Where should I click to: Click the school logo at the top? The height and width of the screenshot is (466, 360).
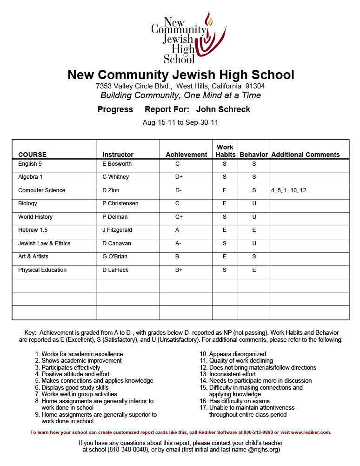pyautogui.click(x=188, y=38)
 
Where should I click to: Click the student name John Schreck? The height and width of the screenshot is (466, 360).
pyautogui.click(x=223, y=109)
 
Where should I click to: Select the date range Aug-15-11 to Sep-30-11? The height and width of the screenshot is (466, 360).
pyautogui.click(x=180, y=122)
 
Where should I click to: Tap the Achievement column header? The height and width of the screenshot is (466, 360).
pyautogui.click(x=186, y=155)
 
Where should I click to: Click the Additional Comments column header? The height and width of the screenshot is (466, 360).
pyautogui.click(x=305, y=155)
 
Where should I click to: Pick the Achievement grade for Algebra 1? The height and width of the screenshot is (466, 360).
pyautogui.click(x=179, y=177)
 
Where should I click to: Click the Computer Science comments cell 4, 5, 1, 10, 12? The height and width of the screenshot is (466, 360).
pyautogui.click(x=288, y=190)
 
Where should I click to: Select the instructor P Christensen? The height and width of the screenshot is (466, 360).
pyautogui.click(x=120, y=203)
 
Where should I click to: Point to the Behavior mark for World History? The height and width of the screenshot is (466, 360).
pyautogui.click(x=254, y=217)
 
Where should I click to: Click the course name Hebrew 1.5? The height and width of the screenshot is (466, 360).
pyautogui.click(x=33, y=230)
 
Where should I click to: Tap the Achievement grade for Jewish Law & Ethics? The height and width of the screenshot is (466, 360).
pyautogui.click(x=179, y=243)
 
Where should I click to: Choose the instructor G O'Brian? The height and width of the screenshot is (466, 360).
pyautogui.click(x=115, y=257)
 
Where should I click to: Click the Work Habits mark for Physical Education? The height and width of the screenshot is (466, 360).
pyautogui.click(x=225, y=270)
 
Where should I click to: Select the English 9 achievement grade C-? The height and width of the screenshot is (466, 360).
pyautogui.click(x=179, y=164)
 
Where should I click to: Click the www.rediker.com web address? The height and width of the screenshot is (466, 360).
pyautogui.click(x=311, y=432)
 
